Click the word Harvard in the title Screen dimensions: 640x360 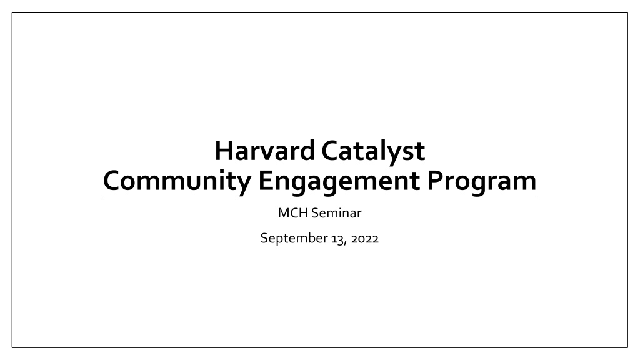click(264, 151)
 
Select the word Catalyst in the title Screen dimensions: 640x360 click(373, 151)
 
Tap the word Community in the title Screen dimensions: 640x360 click(177, 181)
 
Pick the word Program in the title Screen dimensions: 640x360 click(482, 181)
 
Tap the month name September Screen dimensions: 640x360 click(294, 238)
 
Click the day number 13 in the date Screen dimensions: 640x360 click(337, 239)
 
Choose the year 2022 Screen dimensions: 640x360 click(364, 239)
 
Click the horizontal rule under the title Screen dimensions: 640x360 click(319, 196)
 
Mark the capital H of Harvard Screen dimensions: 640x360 click(224, 151)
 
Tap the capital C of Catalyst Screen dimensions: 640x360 click(330, 151)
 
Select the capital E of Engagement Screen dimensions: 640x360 click(265, 181)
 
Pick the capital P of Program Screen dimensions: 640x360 click(435, 181)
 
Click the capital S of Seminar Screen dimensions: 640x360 click(315, 213)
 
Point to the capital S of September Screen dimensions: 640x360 click(264, 238)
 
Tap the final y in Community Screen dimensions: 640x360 click(244, 184)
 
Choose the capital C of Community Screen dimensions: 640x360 click(112, 181)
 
